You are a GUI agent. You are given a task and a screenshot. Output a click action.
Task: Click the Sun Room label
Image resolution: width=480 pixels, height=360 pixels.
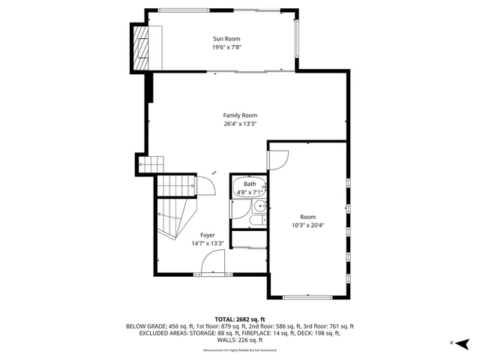(226, 38)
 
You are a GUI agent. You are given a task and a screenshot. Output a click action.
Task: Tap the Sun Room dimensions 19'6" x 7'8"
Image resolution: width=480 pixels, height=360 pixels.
(226, 47)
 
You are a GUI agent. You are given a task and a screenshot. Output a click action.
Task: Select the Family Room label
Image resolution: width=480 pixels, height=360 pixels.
(240, 115)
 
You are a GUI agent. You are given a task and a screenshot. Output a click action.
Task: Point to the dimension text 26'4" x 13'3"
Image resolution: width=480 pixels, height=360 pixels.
(240, 124)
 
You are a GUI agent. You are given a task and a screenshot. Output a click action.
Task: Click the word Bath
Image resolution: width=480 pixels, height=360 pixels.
(249, 184)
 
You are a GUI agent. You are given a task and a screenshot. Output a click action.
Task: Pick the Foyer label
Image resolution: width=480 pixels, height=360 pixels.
(207, 235)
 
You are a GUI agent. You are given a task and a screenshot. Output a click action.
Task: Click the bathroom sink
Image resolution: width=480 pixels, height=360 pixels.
(259, 205)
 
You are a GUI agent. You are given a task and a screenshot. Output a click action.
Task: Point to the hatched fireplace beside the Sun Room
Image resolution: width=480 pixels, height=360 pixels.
(140, 47)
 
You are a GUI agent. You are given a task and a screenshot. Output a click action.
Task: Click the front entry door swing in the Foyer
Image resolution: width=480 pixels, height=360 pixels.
(214, 262)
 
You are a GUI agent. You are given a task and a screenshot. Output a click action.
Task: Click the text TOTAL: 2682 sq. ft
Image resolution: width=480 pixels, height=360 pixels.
(240, 318)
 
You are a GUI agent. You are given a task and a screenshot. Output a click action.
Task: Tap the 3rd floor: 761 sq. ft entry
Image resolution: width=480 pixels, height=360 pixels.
(328, 326)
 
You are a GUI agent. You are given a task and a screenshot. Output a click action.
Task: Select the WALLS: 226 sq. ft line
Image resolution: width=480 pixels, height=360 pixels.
(240, 341)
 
